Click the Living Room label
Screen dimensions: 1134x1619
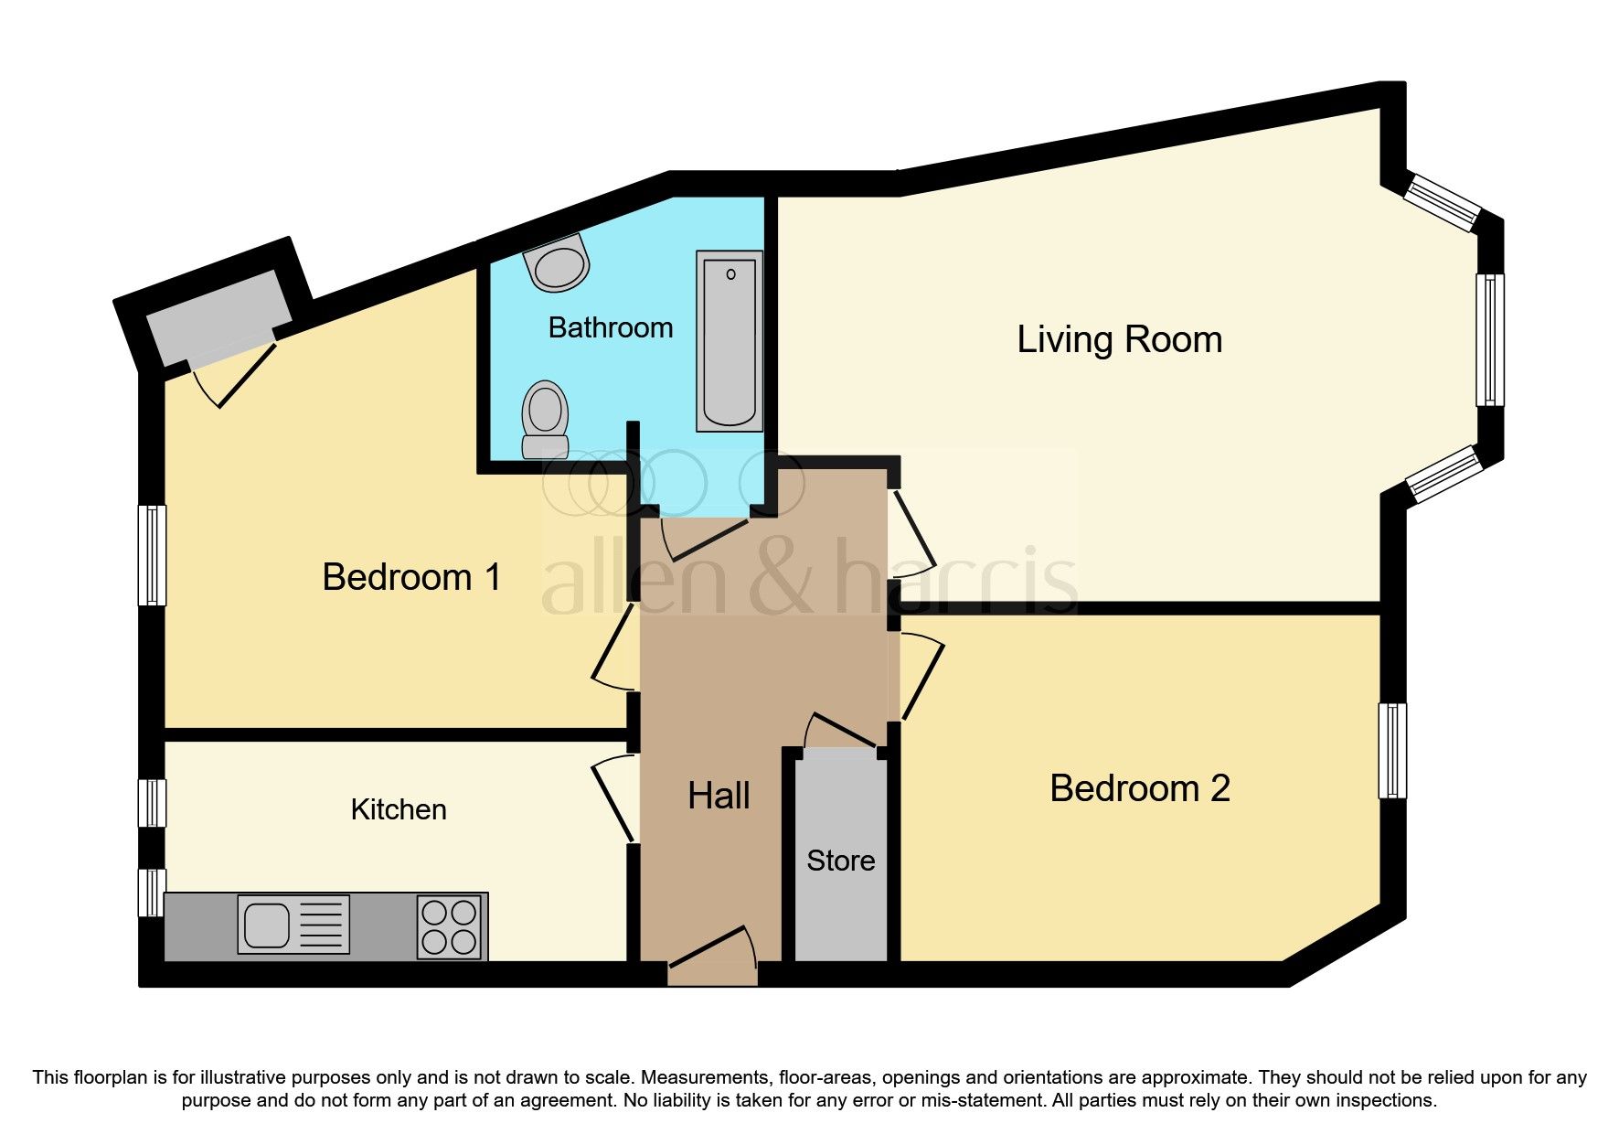pyautogui.click(x=1119, y=339)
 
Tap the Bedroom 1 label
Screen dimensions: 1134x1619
pyautogui.click(x=411, y=577)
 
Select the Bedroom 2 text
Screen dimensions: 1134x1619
pyautogui.click(x=1139, y=788)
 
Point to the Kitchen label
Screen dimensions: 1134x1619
pyautogui.click(x=399, y=809)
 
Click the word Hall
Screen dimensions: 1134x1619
pyautogui.click(x=719, y=796)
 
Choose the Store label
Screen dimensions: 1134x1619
pyautogui.click(x=840, y=861)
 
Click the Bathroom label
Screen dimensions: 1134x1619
pyautogui.click(x=610, y=327)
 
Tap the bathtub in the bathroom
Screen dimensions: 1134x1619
pyautogui.click(x=729, y=340)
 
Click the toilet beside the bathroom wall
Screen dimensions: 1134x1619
pyautogui.click(x=545, y=418)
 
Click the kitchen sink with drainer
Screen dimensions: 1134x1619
pyautogui.click(x=293, y=925)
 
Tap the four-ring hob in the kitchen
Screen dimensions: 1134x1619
pyautogui.click(x=449, y=926)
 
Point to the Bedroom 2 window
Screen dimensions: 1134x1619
pyautogui.click(x=1392, y=751)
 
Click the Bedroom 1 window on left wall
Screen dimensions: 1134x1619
pyautogui.click(x=152, y=555)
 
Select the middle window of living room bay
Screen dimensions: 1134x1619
pyautogui.click(x=1490, y=340)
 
